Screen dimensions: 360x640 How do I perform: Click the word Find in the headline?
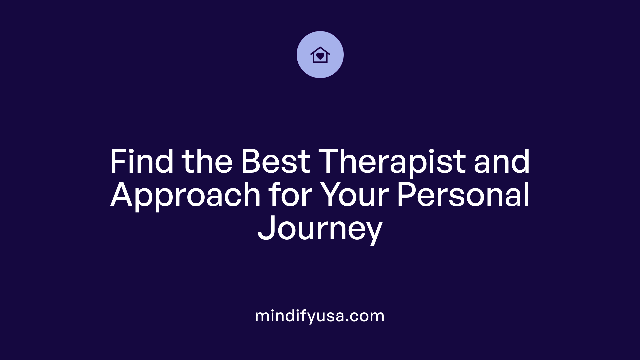point(141,162)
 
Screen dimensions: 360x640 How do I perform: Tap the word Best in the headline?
point(276,162)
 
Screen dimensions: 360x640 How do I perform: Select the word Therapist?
point(392,162)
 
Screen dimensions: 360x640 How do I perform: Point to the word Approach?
point(185,196)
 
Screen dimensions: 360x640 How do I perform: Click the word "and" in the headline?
point(502,162)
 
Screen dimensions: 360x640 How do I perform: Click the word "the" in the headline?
point(207,162)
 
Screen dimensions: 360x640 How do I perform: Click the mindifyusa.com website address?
point(320,316)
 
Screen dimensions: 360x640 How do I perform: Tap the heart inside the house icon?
point(320,56)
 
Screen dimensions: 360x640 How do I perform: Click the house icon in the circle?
point(320,55)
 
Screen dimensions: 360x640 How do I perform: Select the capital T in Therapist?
point(332,162)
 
